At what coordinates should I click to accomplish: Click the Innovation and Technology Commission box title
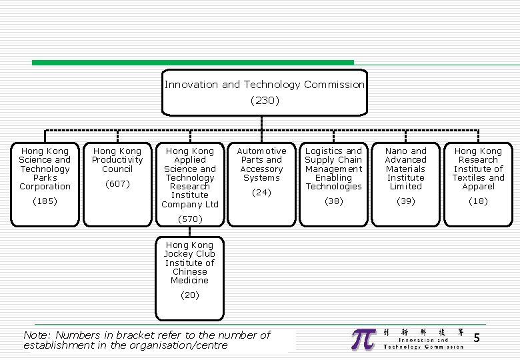[x=265, y=85]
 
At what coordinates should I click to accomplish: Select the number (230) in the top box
[x=265, y=101]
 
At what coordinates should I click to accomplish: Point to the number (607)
[x=117, y=183]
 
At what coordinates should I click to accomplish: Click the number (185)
[x=45, y=201]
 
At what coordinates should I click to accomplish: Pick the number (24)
[x=261, y=193]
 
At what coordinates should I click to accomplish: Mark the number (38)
[x=333, y=201]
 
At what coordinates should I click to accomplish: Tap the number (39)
[x=405, y=201]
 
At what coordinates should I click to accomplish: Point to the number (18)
[x=478, y=201]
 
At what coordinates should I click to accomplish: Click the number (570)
[x=189, y=219]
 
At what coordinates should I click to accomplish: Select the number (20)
[x=189, y=295]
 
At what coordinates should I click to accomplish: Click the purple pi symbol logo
[x=364, y=339]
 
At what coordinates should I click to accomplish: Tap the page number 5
[x=476, y=339]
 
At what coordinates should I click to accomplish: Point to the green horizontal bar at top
[x=193, y=63]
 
